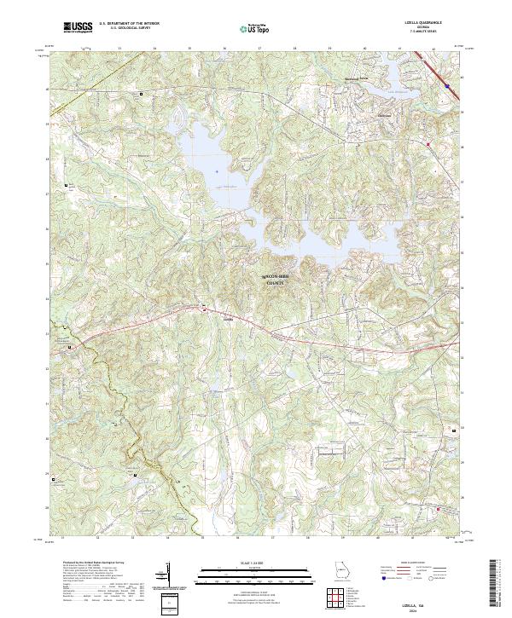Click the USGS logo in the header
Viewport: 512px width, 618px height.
click(79, 27)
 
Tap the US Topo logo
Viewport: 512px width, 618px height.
click(250, 28)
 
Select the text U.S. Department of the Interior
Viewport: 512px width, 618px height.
click(129, 24)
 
